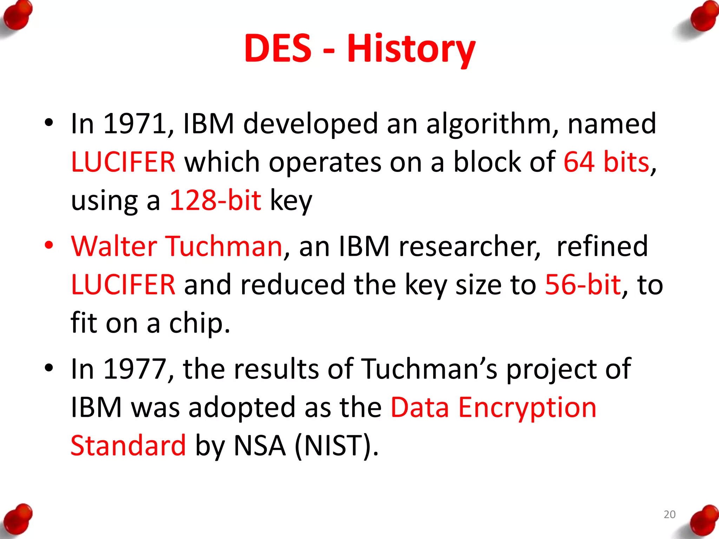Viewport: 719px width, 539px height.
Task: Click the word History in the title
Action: [411, 49]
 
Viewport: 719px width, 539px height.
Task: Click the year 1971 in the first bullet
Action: [135, 124]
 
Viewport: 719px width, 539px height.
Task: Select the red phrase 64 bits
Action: [606, 162]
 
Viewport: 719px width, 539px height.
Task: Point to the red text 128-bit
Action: [215, 200]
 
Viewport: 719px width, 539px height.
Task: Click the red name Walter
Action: [114, 246]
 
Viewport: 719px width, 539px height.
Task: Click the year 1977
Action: [135, 369]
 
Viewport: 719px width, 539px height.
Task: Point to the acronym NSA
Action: [259, 446]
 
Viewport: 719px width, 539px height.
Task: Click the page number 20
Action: [669, 514]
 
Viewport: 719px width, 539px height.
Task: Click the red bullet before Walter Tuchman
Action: [49, 245]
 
